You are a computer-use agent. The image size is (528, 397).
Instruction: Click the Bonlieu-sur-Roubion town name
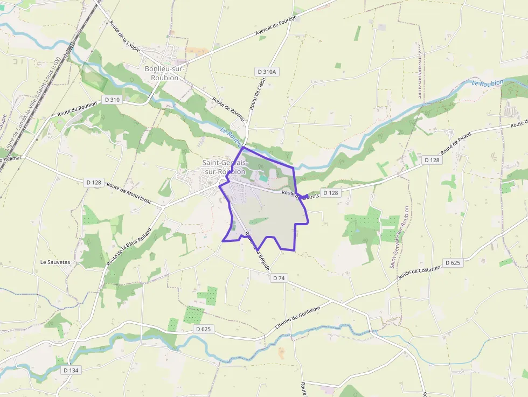pos(165,73)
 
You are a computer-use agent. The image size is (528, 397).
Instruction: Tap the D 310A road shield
pos(266,72)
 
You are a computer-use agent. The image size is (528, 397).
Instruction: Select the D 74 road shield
pos(279,278)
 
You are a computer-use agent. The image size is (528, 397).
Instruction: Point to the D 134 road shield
pos(71,370)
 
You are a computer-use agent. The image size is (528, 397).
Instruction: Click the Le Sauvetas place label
pos(55,262)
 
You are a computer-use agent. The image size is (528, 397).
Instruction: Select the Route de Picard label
pos(456,142)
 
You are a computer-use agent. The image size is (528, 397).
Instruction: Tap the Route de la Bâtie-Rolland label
pos(129,246)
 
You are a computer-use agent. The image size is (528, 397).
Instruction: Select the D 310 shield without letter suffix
pos(113,100)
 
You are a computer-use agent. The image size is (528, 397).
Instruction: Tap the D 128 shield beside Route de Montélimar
pos(94,183)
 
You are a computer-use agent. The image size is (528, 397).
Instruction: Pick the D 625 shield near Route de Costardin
pos(453,263)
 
